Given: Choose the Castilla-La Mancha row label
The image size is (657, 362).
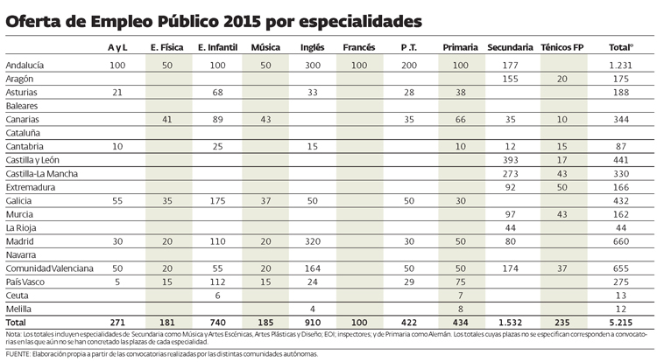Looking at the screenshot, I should tap(41, 174).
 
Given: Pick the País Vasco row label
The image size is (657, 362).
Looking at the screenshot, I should tap(26, 282).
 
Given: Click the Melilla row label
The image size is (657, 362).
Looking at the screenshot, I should tap(20, 309).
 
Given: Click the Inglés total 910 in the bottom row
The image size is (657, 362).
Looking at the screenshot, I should tap(312, 323).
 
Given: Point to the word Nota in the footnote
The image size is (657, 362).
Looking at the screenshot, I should tap(13, 334).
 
